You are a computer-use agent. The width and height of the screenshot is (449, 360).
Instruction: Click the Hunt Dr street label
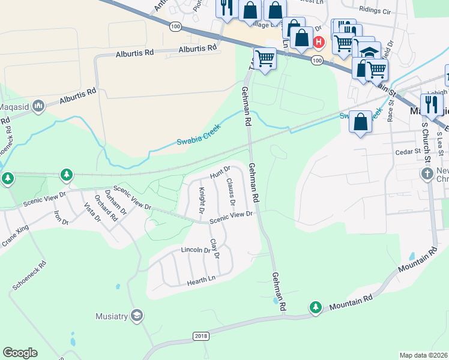click(x=220, y=172)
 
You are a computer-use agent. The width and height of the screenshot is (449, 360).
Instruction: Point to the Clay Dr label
click(x=214, y=249)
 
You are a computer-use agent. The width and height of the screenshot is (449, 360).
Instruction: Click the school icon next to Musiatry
click(x=137, y=316)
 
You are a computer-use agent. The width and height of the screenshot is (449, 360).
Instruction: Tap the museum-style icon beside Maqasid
click(x=39, y=106)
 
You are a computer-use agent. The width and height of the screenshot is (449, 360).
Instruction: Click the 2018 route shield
click(x=201, y=335)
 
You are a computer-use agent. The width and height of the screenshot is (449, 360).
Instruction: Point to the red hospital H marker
click(x=319, y=41)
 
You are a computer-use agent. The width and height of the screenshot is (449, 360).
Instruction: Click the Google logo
click(x=20, y=353)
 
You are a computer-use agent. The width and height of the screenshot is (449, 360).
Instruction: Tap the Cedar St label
click(x=409, y=152)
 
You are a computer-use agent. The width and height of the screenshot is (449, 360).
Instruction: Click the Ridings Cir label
click(x=375, y=11)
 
